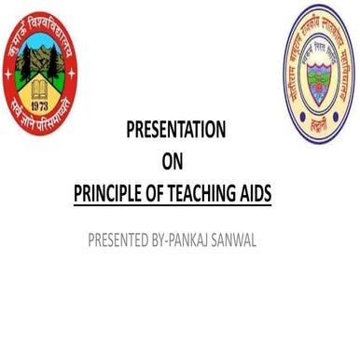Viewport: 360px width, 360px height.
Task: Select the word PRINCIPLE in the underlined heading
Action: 109,194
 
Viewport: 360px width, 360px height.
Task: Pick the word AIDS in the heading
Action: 262,194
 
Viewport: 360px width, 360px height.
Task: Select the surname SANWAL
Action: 239,241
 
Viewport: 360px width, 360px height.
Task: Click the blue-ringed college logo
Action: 320,73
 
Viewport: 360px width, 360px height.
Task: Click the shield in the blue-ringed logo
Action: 320,75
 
